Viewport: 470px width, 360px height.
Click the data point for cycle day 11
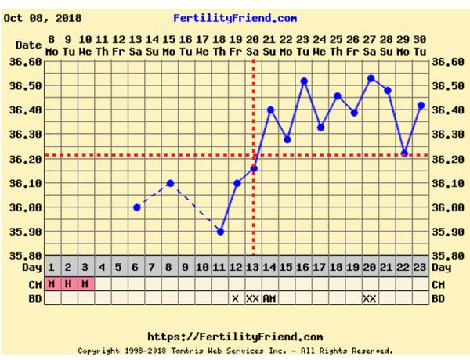[220, 232]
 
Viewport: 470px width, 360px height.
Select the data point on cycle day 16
[304, 81]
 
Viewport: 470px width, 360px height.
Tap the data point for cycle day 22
[404, 153]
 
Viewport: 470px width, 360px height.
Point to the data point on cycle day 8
[170, 183]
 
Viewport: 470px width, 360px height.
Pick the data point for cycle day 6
[136, 207]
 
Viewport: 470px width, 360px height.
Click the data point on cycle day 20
[371, 78]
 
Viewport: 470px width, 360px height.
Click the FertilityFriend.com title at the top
[235, 17]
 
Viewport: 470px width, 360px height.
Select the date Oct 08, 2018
[42, 17]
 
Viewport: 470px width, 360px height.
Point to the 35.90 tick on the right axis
[448, 232]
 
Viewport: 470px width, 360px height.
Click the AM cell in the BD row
[269, 298]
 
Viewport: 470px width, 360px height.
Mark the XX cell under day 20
[370, 298]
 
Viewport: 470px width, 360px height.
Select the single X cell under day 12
[235, 298]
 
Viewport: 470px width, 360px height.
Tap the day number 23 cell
[421, 267]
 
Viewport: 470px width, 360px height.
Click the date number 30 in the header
[421, 39]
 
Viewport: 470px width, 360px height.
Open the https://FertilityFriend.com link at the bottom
[235, 337]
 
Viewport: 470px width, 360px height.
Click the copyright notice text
[235, 351]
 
